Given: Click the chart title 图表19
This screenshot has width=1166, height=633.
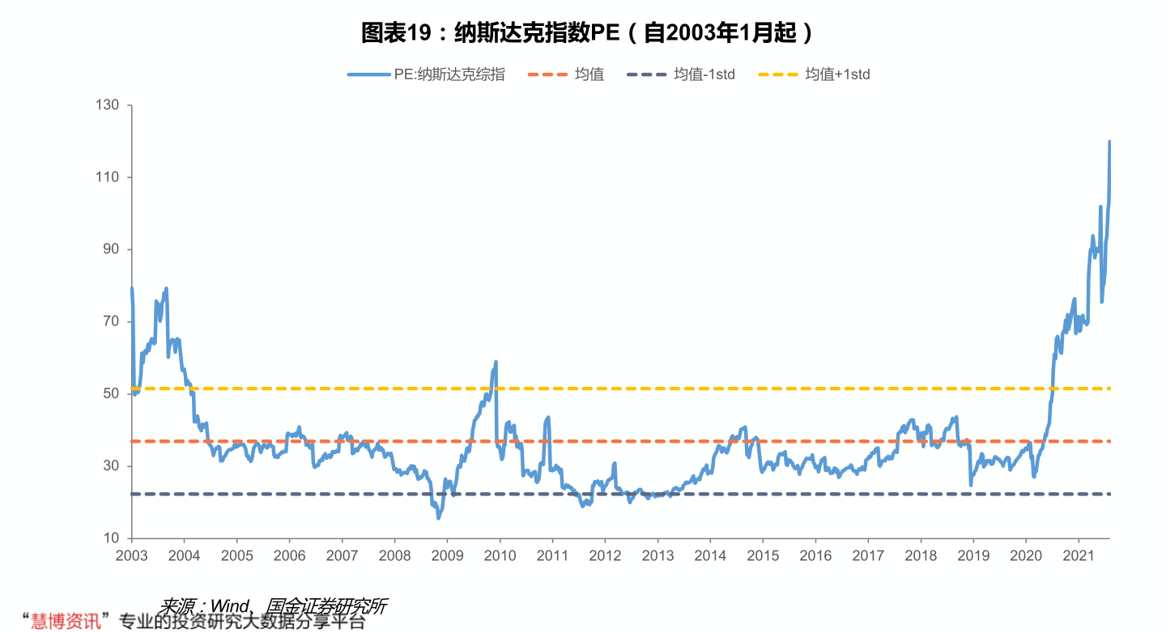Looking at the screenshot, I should pyautogui.click(x=586, y=32).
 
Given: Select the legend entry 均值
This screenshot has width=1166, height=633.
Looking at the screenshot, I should pyautogui.click(x=589, y=74).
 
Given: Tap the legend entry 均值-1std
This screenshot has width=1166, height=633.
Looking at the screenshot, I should pyautogui.click(x=704, y=74).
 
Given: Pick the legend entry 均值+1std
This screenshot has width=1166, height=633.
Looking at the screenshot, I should pyautogui.click(x=837, y=74).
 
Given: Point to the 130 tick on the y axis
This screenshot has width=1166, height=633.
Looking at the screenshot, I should pyautogui.click(x=108, y=105).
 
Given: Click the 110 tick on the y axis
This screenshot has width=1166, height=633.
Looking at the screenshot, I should pyautogui.click(x=108, y=177).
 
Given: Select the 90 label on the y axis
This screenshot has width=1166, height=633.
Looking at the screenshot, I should pyautogui.click(x=111, y=249).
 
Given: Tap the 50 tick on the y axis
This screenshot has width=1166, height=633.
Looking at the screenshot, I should pyautogui.click(x=111, y=393).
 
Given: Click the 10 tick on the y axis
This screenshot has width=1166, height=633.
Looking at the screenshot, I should pyautogui.click(x=111, y=538).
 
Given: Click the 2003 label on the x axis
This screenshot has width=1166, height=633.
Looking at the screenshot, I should pyautogui.click(x=131, y=556).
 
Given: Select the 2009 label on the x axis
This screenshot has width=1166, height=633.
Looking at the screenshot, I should pyautogui.click(x=447, y=556).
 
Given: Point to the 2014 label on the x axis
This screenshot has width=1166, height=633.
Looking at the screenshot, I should pyautogui.click(x=710, y=556).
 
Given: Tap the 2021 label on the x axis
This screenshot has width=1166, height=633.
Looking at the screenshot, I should pyautogui.click(x=1078, y=556).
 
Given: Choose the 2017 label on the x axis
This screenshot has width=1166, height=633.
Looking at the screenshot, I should pyautogui.click(x=868, y=556).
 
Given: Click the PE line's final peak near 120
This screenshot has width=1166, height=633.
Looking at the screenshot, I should pyautogui.click(x=1109, y=142).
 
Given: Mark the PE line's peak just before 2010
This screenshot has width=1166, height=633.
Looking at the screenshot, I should pyautogui.click(x=496, y=362).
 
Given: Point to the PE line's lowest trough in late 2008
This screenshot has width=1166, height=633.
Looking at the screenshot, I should pyautogui.click(x=438, y=517).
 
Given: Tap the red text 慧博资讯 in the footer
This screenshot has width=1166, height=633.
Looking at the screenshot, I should pyautogui.click(x=66, y=622).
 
